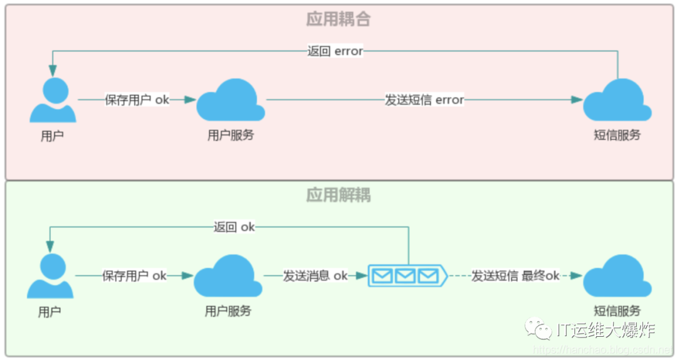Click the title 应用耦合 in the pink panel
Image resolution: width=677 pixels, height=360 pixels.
[x=338, y=19]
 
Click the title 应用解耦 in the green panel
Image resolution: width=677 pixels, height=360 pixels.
[x=338, y=195]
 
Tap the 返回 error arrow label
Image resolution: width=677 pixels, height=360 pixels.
[x=335, y=51]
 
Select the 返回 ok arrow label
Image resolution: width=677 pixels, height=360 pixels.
[x=234, y=227]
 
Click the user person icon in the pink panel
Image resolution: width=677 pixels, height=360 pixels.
[x=53, y=100]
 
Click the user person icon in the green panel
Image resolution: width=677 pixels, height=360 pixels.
[x=50, y=277]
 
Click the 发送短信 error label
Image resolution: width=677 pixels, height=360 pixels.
[x=424, y=100]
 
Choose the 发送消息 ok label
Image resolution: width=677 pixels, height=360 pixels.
[x=315, y=276]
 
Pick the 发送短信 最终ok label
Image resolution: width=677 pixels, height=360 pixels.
[x=515, y=276]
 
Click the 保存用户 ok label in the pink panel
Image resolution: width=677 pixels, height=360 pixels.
[x=137, y=100]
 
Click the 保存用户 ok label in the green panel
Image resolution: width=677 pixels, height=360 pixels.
[x=135, y=276]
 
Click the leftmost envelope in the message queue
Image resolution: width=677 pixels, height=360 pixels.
[x=382, y=276]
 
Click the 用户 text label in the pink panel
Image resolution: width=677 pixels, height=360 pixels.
[x=52, y=135]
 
